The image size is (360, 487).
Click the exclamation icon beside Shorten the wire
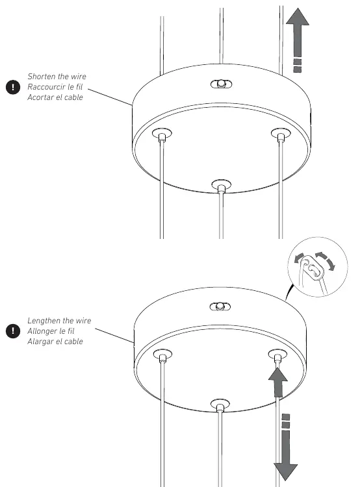coord(13,87)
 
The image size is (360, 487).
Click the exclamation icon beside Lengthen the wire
coord(13,331)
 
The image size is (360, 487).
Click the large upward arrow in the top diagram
coord(298,40)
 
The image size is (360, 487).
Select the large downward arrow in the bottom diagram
coord(286,447)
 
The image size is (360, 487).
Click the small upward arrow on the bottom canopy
coord(277,382)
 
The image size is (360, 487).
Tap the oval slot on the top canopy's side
coord(221,84)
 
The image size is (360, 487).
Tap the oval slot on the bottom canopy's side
coord(220,307)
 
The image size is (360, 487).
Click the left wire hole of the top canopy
coord(162,134)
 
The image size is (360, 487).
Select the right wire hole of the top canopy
coord(281,134)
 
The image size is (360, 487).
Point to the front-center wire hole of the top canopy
coord(221,186)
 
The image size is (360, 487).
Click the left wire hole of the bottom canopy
coord(162,355)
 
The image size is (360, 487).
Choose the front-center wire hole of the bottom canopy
coord(220,405)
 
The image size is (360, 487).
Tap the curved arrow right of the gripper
coord(326,260)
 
